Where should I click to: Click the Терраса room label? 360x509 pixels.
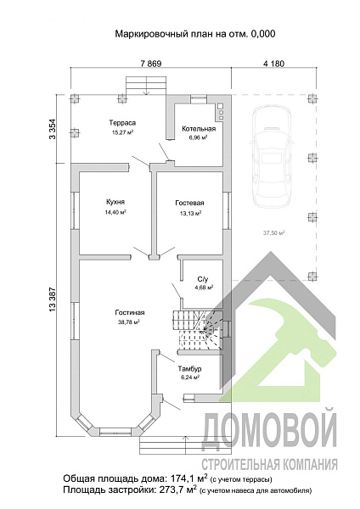[122, 123]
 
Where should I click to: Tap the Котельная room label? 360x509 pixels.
[199, 129]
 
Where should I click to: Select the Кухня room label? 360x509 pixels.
[115, 202]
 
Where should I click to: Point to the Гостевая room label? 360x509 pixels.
[189, 203]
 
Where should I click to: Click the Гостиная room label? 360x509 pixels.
[130, 312]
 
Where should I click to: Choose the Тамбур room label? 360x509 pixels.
[189, 369]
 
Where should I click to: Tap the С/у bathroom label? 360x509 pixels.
[202, 279]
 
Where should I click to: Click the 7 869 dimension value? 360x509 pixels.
[151, 64]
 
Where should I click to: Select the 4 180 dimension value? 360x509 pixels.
[273, 64]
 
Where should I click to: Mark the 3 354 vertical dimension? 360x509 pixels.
[53, 129]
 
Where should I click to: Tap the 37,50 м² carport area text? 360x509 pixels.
[273, 232]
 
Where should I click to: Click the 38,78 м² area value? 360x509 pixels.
[129, 322]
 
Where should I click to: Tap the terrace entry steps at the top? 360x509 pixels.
[147, 86]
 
